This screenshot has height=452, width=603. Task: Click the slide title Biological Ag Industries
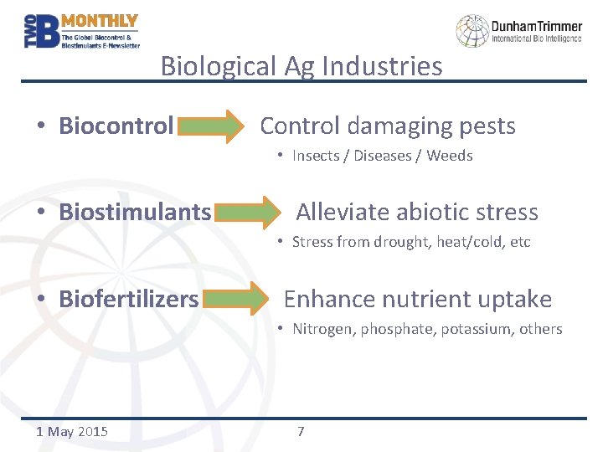pos(301,66)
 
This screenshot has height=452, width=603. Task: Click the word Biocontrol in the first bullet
pos(116,126)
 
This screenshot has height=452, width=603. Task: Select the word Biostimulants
pos(135,213)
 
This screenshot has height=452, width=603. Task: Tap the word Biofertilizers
pos(128,300)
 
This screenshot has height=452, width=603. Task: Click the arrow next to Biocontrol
pos(209,126)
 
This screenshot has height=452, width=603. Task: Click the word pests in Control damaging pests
pos(485,126)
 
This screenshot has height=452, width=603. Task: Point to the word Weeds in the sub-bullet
pos(450,156)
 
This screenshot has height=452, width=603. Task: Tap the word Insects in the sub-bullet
pos(317,156)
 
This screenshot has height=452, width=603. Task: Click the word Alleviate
pos(342,213)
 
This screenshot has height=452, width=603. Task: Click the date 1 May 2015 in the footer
pos(73,432)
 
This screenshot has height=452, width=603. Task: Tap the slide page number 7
pos(301,432)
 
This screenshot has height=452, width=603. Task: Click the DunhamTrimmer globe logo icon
pos(472,31)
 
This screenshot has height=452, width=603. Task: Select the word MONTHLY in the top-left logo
pos(100,21)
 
